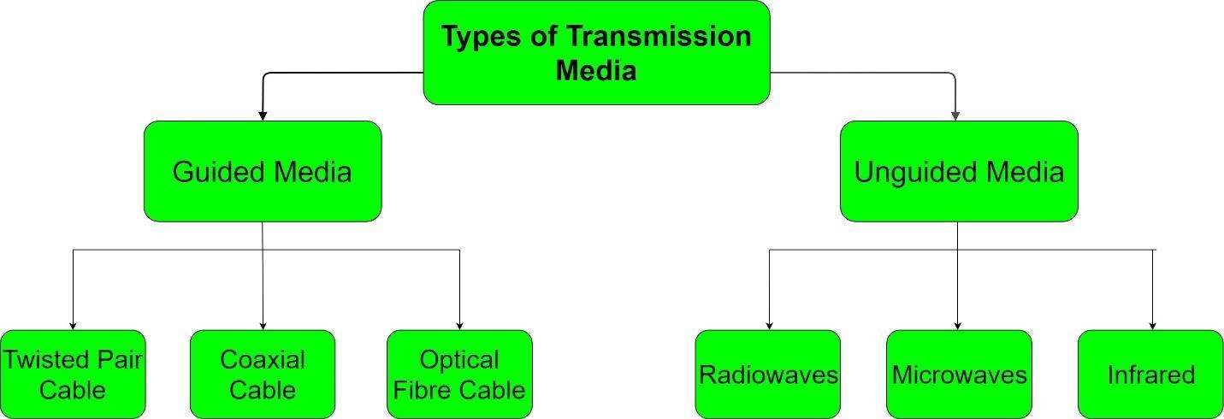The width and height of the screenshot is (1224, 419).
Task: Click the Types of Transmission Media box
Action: pos(597,52)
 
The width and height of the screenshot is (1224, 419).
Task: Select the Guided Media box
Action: pos(263,171)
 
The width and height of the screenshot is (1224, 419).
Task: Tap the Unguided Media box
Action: pos(959,171)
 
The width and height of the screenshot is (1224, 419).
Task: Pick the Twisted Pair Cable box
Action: pos(73,375)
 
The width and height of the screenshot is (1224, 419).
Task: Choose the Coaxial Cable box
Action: pos(263,375)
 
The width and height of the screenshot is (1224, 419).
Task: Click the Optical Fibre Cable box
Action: pos(459,375)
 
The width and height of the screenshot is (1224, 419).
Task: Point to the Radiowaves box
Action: pos(768,375)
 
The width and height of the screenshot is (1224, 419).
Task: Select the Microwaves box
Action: pos(959,375)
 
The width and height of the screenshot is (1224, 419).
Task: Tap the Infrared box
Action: pos(1150,375)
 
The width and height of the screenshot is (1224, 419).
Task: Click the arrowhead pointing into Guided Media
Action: pos(263,115)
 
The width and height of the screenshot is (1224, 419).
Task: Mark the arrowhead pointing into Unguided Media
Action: pos(955,115)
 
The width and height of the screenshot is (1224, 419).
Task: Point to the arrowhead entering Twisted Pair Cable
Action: pos(73,326)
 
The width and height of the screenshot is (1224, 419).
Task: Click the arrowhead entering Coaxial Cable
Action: pos(263,326)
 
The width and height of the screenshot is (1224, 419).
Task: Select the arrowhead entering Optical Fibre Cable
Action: pos(459,326)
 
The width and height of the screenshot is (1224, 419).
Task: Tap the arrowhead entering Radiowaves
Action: pos(769,326)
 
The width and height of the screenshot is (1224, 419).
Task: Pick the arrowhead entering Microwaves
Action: pos(957,326)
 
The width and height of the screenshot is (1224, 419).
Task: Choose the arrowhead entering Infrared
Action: pos(1152,326)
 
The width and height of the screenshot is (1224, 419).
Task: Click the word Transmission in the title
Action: pos(659,37)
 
